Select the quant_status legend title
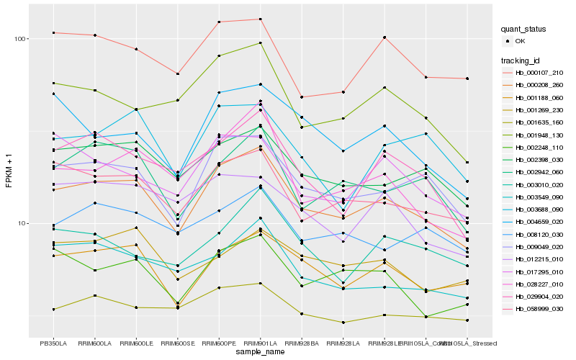click(523, 29)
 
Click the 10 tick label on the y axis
click(22, 223)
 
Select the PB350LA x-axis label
click(53, 343)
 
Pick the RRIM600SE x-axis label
click(177, 343)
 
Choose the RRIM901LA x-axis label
click(260, 343)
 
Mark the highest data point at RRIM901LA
click(260, 19)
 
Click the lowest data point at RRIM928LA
click(343, 323)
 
